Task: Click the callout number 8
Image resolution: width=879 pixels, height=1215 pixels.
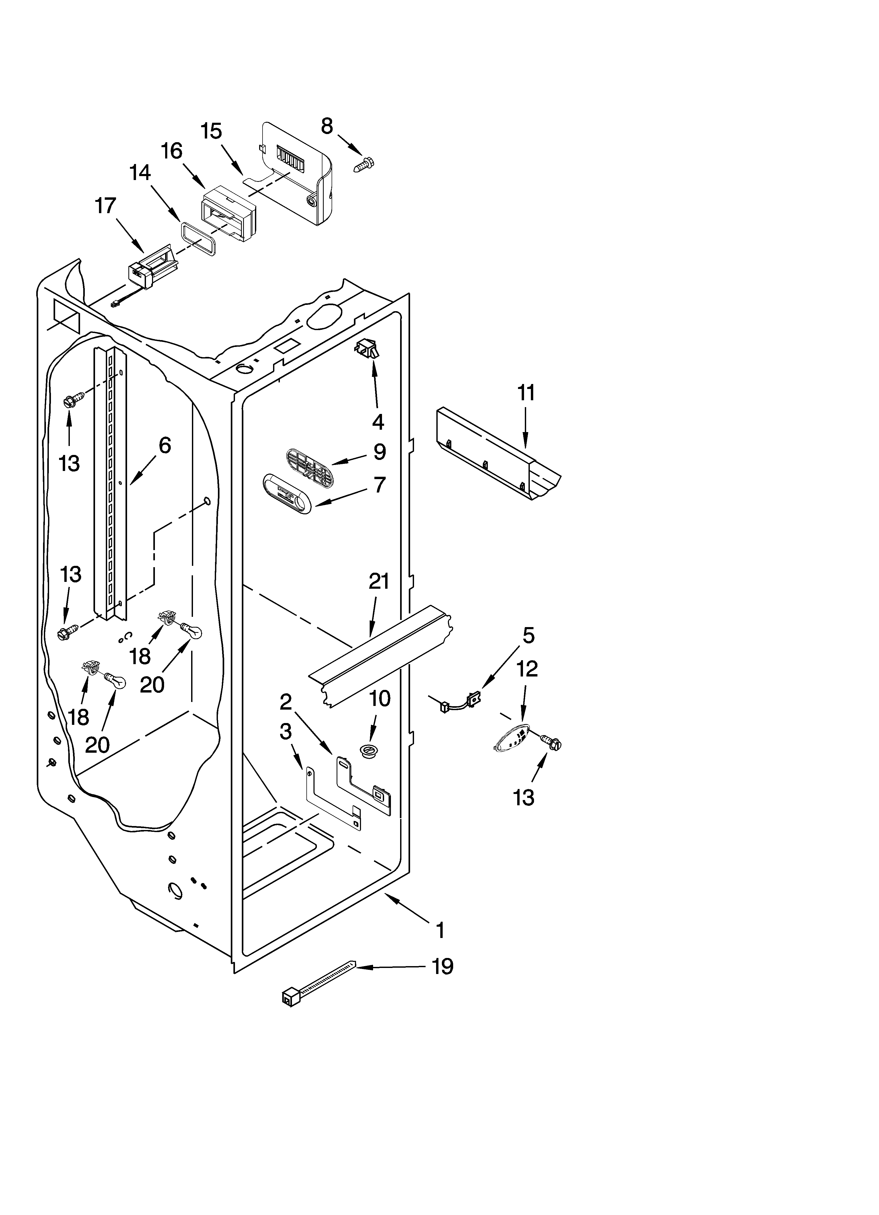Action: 327,126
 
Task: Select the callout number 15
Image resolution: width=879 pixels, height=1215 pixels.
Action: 211,131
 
